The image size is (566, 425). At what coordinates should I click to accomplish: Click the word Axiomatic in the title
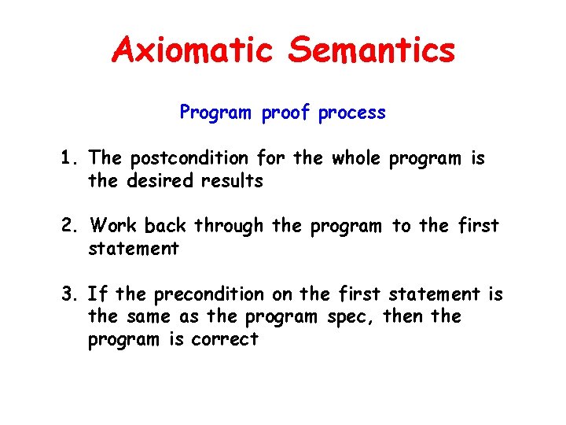[193, 50]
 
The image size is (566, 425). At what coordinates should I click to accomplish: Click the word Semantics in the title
[371, 50]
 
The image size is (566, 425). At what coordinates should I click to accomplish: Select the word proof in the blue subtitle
[287, 113]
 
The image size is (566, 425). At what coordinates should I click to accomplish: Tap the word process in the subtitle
[352, 113]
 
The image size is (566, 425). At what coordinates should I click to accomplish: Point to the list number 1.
[68, 158]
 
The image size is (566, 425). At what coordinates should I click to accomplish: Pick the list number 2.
[68, 227]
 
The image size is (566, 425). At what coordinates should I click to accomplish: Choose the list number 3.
[68, 294]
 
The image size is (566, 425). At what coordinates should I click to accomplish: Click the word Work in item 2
[114, 227]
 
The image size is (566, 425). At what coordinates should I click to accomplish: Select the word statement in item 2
[134, 249]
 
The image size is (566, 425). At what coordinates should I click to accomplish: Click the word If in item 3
[98, 294]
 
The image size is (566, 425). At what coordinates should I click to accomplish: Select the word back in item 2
[166, 227]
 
